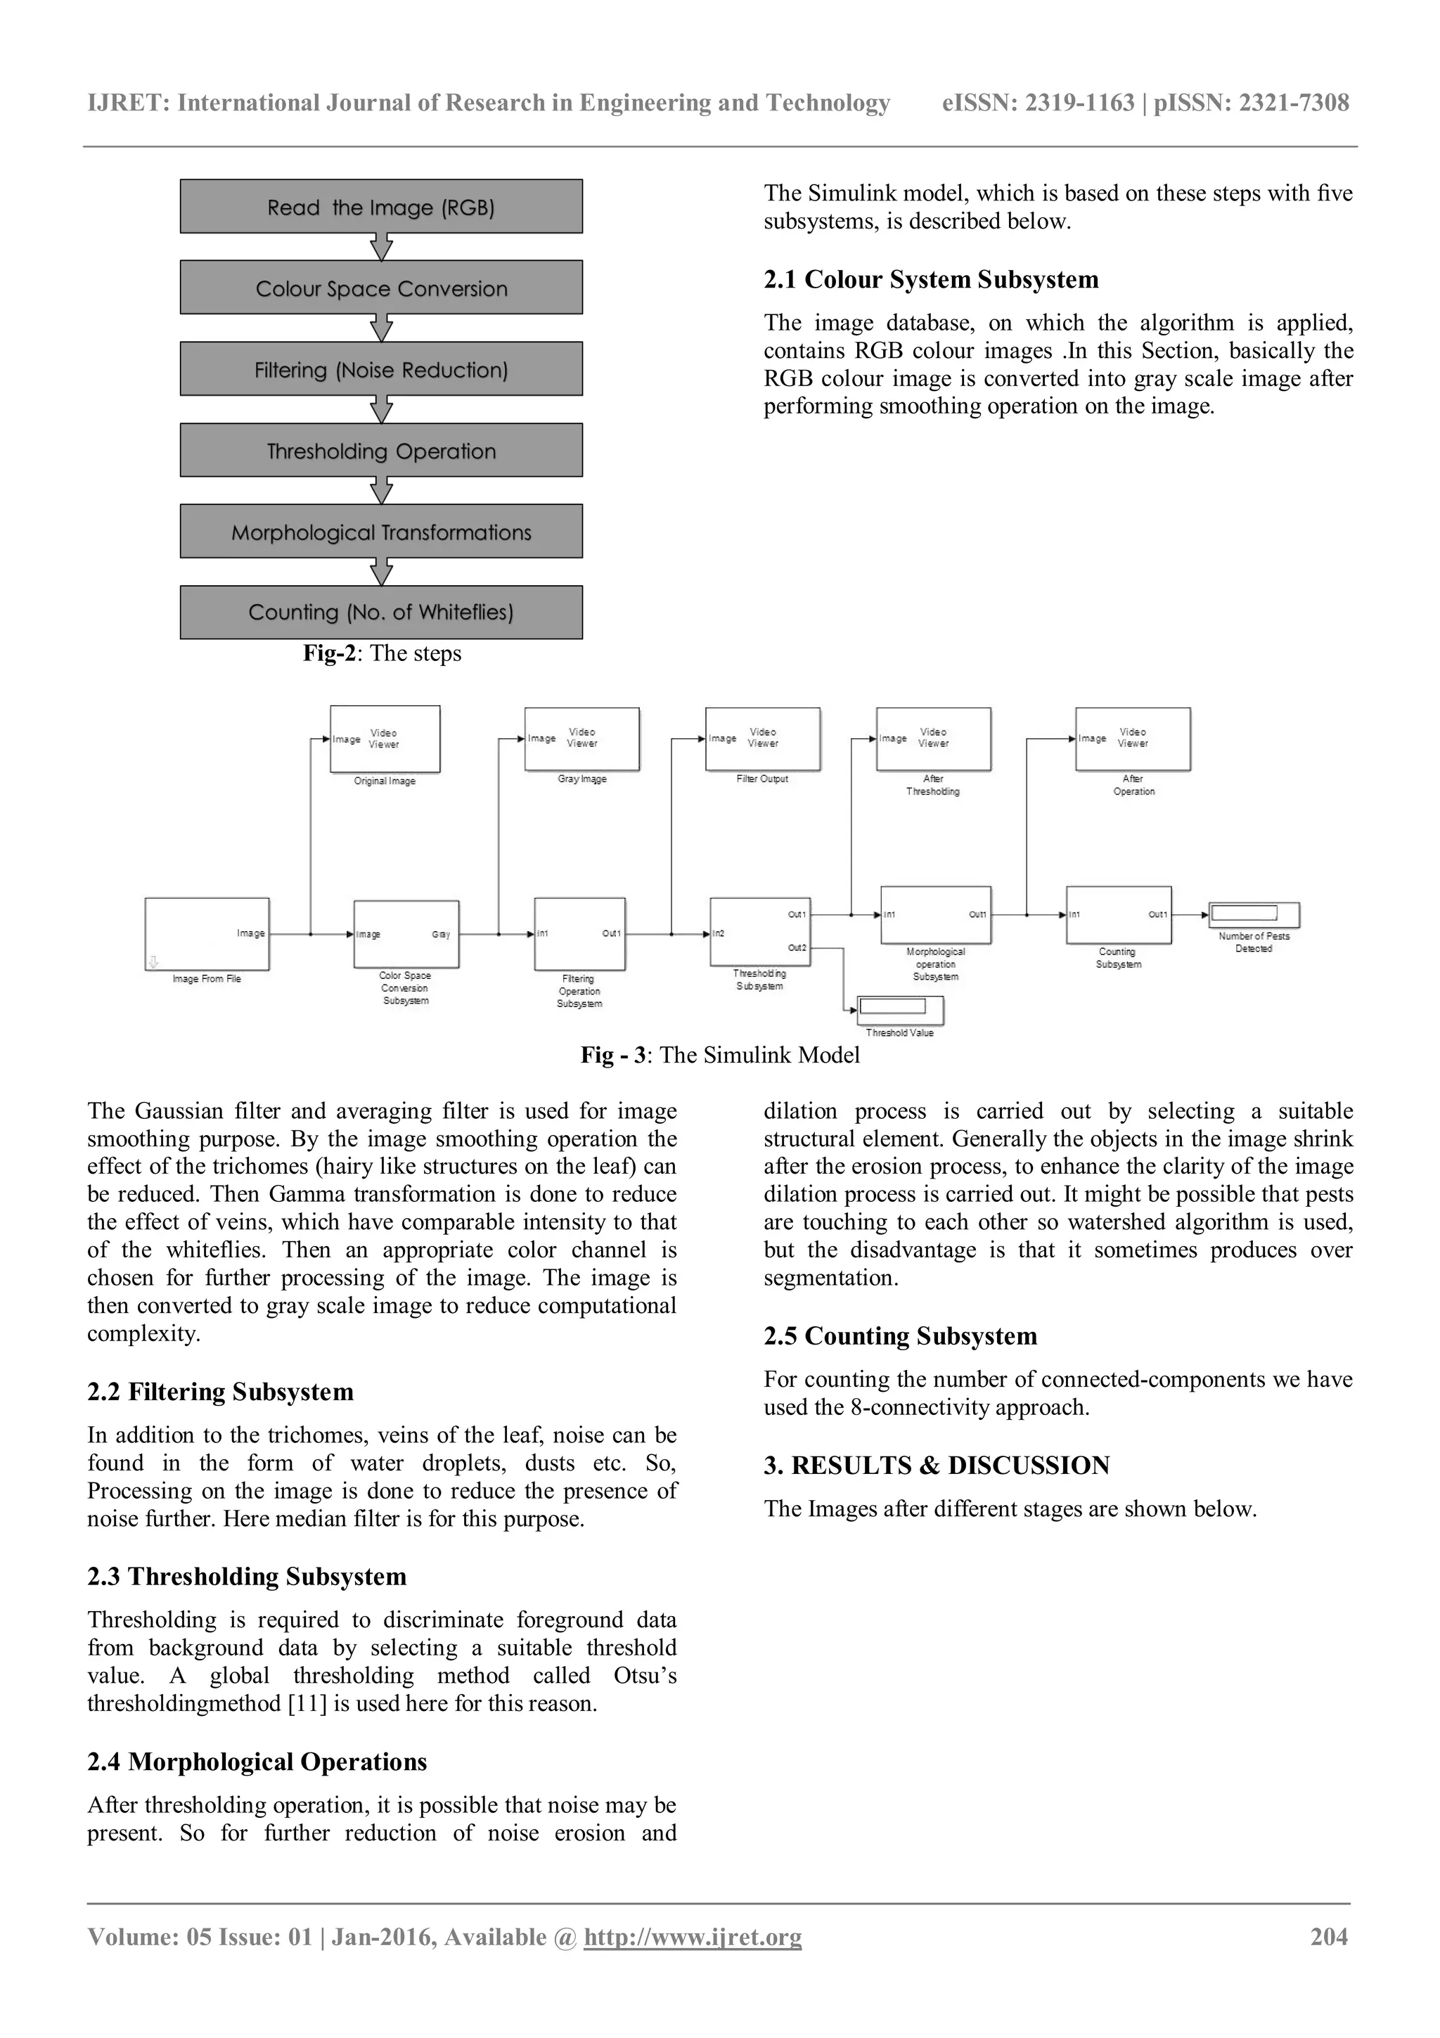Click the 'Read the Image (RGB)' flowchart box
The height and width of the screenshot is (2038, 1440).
click(x=380, y=207)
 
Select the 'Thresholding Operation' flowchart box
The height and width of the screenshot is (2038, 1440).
click(x=380, y=451)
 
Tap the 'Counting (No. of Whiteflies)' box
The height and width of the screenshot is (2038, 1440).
click(x=380, y=613)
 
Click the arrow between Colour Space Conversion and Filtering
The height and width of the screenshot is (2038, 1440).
click(x=380, y=328)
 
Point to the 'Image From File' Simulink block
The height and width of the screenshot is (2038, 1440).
click(x=207, y=934)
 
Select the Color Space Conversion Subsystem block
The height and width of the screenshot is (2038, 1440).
click(x=406, y=934)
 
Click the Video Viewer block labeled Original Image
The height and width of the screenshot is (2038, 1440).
click(x=385, y=738)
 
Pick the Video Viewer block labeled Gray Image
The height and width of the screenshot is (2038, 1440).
click(x=582, y=738)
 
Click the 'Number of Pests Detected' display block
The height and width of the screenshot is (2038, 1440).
click(x=1253, y=914)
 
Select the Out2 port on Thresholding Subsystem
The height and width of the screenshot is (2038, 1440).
click(x=797, y=948)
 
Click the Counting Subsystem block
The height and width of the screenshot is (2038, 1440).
click(x=1118, y=914)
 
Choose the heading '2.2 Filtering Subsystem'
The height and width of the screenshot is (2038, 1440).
click(x=220, y=1392)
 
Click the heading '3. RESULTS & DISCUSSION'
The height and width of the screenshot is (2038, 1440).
click(x=936, y=1466)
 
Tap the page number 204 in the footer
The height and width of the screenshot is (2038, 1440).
click(x=1328, y=1937)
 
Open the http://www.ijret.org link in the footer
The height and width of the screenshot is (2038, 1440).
click(x=692, y=1937)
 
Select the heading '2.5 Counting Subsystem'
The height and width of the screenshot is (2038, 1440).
click(x=900, y=1336)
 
